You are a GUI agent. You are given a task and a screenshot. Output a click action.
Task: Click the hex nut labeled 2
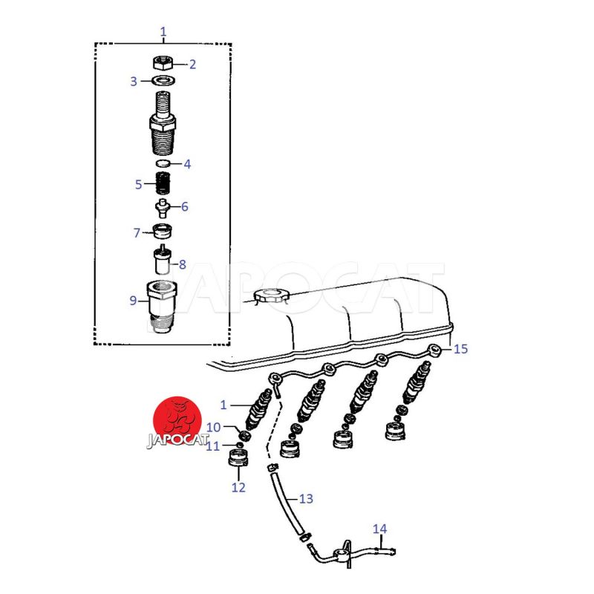point(163,62)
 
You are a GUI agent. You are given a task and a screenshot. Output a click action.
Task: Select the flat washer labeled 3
point(163,81)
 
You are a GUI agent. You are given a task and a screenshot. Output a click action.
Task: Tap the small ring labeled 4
point(163,163)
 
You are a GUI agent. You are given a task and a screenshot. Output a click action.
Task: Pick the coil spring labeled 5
point(163,183)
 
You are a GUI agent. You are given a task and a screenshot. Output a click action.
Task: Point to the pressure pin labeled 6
point(163,208)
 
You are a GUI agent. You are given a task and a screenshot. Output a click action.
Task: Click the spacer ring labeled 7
point(163,231)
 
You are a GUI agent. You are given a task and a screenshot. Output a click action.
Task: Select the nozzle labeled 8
point(163,261)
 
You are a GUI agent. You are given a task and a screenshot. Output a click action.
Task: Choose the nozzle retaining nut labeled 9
point(161,306)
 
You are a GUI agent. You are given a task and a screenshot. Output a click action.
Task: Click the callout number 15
point(460,348)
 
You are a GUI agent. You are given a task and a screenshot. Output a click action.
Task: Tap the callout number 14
point(379,529)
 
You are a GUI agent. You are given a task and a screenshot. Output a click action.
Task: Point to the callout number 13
point(306,498)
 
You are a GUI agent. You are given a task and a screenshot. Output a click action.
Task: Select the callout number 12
point(238,487)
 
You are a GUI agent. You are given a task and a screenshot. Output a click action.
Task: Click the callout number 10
point(213,427)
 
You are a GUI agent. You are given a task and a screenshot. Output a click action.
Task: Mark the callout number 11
point(212,446)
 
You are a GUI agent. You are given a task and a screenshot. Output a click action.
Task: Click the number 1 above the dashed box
point(163,31)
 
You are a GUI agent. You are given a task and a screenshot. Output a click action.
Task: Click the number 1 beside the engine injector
point(223,405)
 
